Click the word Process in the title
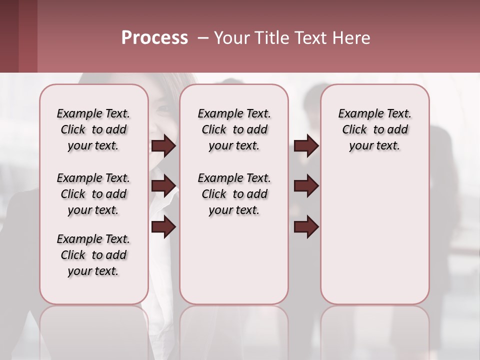pyautogui.click(x=154, y=38)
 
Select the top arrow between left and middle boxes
pyautogui.click(x=163, y=146)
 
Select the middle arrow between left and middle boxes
pyautogui.click(x=163, y=186)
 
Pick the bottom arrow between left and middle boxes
pyautogui.click(x=163, y=226)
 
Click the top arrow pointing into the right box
pyautogui.click(x=306, y=146)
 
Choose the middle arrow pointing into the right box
pyautogui.click(x=306, y=186)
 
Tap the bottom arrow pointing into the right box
pyautogui.click(x=306, y=226)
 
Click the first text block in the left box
pyautogui.click(x=93, y=129)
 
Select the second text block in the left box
pyautogui.click(x=93, y=194)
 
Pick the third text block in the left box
pyautogui.click(x=93, y=255)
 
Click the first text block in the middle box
pyautogui.click(x=234, y=129)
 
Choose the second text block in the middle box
pyautogui.click(x=234, y=194)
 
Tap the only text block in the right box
pyautogui.click(x=375, y=129)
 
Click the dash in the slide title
pyautogui.click(x=202, y=38)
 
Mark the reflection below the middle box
pyautogui.click(x=234, y=330)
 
